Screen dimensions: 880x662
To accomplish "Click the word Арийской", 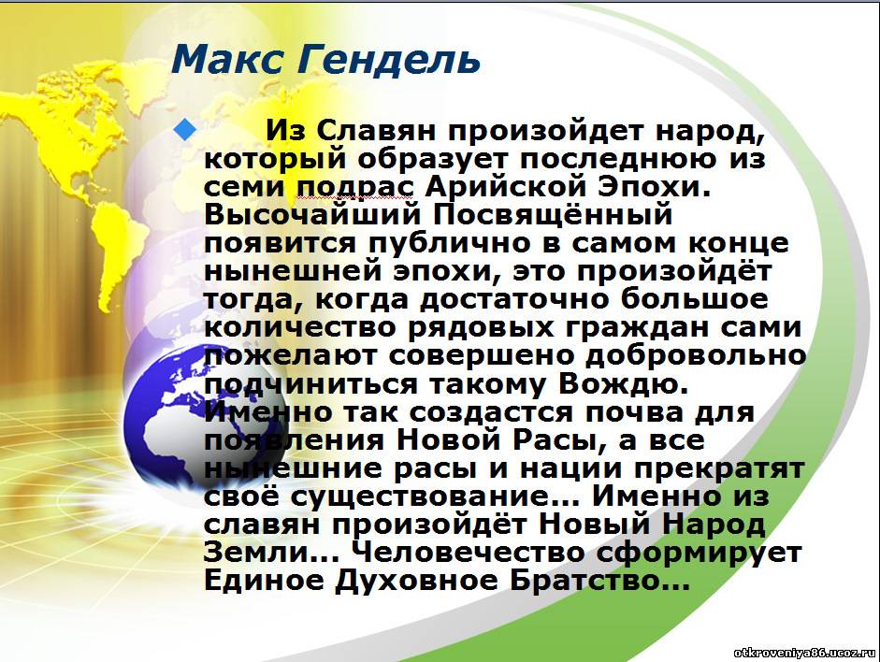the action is click(x=504, y=187).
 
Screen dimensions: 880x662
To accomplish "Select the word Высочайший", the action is click(x=312, y=215).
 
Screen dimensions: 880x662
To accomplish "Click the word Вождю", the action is click(x=624, y=383).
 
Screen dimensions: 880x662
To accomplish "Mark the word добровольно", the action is click(x=695, y=355).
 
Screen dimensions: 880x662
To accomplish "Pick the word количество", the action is click(x=300, y=327).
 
